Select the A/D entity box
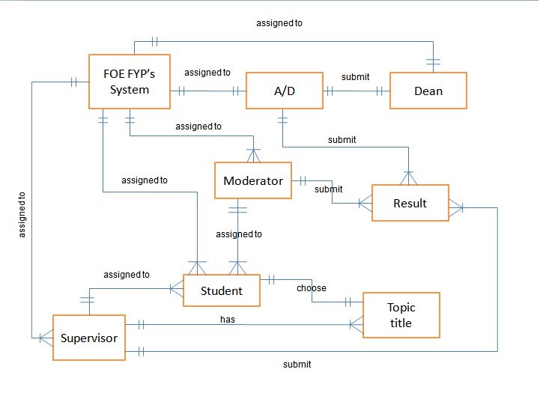click(285, 91)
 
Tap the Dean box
click(428, 91)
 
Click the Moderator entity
click(253, 180)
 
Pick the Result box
click(410, 203)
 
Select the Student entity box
click(222, 290)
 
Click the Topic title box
click(401, 315)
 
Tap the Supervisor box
click(88, 338)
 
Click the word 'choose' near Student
click(311, 287)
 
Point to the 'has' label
click(227, 319)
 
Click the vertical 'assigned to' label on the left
click(22, 214)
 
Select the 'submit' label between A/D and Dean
click(354, 77)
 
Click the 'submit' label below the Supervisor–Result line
click(297, 365)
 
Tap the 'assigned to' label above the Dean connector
click(279, 23)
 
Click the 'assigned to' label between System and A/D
click(207, 73)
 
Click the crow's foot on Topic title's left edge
click(356, 325)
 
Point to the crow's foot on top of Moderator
click(253, 155)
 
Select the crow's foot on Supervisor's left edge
click(45, 338)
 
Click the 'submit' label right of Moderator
click(328, 189)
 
